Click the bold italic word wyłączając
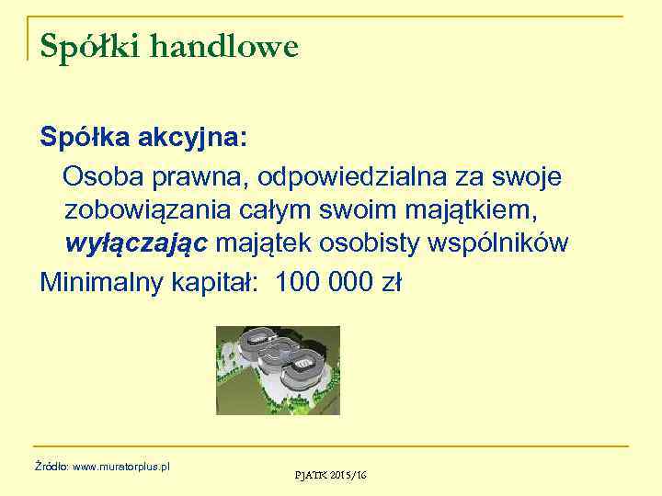point(139,243)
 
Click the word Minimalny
point(102,281)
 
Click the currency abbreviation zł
point(390,281)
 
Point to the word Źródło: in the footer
point(51,467)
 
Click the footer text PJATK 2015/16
point(330,474)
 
